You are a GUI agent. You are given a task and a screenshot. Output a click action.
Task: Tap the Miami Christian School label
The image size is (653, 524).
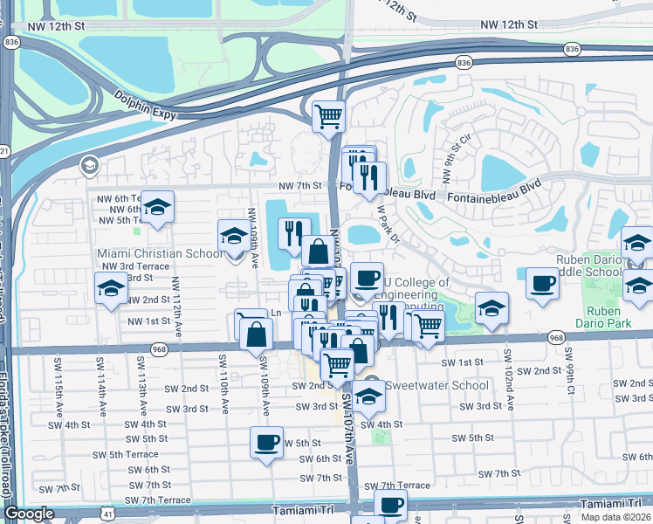coord(159,253)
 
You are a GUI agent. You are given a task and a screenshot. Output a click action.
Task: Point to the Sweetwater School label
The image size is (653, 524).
coord(436,385)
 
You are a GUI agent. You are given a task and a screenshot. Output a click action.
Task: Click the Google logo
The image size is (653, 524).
coord(29,514)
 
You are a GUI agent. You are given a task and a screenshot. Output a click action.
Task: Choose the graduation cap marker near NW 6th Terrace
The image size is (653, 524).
coord(158,207)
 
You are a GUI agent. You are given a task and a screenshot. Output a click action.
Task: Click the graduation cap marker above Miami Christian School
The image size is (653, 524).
coord(233,235)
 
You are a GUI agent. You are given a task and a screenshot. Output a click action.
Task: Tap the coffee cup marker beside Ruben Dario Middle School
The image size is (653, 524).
coord(543,283)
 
